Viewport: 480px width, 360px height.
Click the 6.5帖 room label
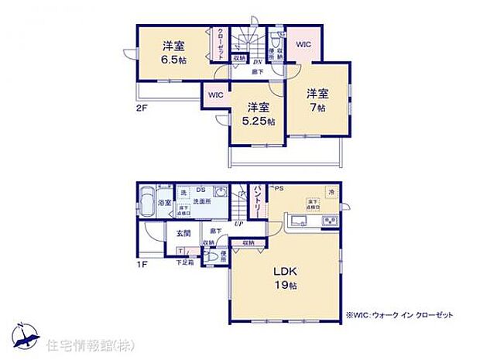tap(174, 53)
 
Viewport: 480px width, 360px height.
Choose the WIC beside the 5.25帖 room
tap(214, 94)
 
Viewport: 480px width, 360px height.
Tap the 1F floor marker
tap(142, 266)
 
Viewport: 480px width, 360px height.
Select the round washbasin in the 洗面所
tap(218, 195)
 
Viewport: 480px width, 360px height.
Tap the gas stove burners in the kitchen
tap(328, 223)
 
